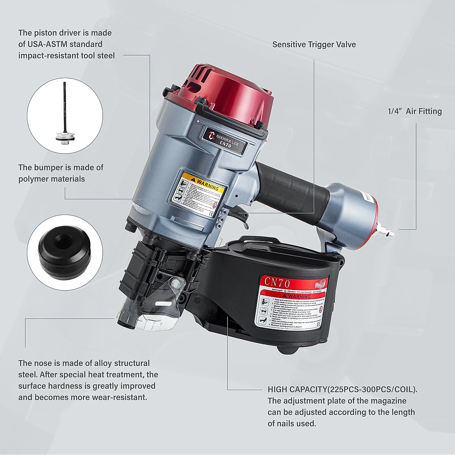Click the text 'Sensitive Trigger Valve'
(x=314, y=44)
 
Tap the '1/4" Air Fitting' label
(x=414, y=111)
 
